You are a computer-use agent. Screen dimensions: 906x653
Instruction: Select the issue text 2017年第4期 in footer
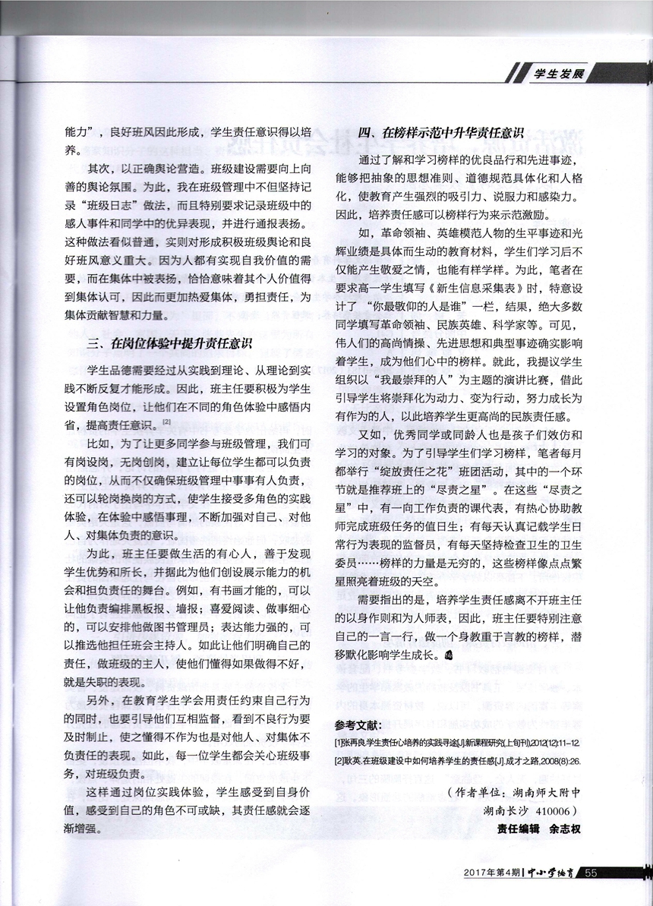pos(490,873)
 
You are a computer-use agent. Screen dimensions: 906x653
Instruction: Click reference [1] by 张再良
pos(450,741)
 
